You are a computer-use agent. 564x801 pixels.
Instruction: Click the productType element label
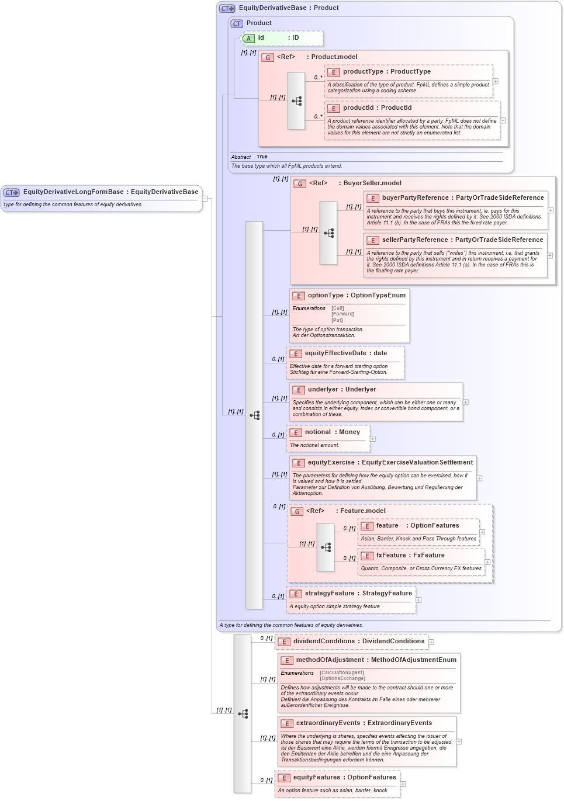(x=386, y=72)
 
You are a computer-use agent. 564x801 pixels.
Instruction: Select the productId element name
(x=377, y=108)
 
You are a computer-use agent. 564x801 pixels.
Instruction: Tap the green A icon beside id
(x=248, y=39)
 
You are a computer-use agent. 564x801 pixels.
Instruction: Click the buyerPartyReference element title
(x=462, y=198)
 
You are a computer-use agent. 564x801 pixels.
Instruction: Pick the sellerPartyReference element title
(x=462, y=240)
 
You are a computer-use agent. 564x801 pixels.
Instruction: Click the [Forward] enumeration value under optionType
(x=342, y=314)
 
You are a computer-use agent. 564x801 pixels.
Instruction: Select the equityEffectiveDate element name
(x=345, y=353)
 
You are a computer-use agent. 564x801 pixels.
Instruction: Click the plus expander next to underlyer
(x=466, y=402)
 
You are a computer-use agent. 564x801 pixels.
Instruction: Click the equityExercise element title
(x=390, y=463)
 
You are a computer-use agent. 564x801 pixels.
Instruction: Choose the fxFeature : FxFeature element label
(x=410, y=556)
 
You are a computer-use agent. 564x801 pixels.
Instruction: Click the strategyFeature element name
(x=358, y=594)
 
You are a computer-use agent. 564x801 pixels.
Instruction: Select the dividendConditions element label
(x=358, y=642)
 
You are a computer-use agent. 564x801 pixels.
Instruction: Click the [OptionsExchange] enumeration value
(x=342, y=679)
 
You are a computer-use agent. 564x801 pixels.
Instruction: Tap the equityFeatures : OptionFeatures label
(x=344, y=778)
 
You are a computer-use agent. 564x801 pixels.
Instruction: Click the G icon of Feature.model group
(x=297, y=512)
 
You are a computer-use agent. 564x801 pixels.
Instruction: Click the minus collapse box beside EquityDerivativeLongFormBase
(x=205, y=199)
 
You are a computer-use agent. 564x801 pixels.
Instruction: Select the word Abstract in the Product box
(x=241, y=157)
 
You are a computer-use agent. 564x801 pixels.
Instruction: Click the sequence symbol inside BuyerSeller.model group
(x=328, y=233)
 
